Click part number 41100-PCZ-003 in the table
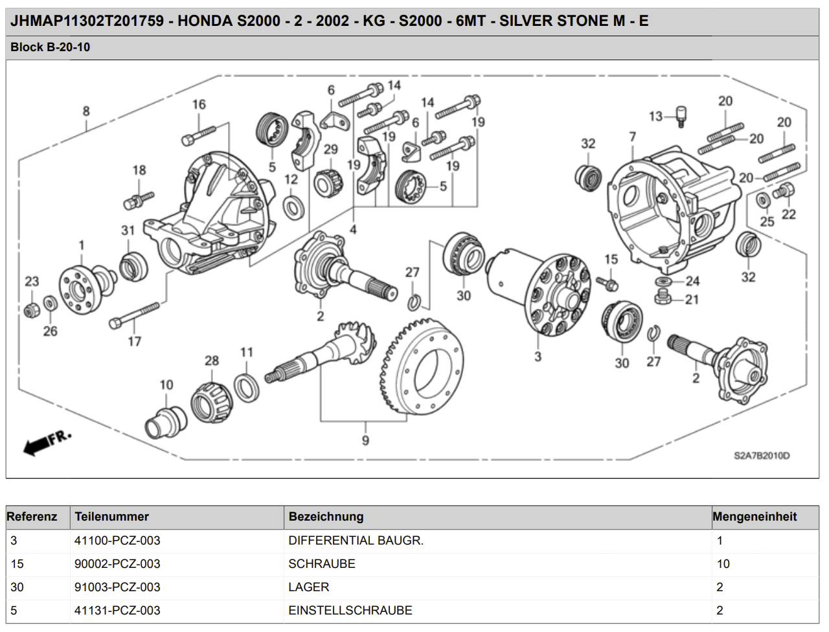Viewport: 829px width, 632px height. pyautogui.click(x=117, y=541)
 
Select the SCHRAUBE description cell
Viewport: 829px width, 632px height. pyautogui.click(x=322, y=564)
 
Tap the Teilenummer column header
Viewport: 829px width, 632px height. pyautogui.click(x=112, y=517)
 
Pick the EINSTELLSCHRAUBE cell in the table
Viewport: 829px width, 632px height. pyautogui.click(x=350, y=611)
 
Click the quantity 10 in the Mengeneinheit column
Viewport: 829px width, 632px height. pyautogui.click(x=723, y=564)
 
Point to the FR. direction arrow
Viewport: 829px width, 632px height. pyautogui.click(x=47, y=442)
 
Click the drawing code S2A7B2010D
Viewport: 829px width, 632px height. pyautogui.click(x=762, y=456)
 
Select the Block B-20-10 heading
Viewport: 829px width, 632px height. pyautogui.click(x=51, y=47)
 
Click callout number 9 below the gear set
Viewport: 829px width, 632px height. pyautogui.click(x=366, y=440)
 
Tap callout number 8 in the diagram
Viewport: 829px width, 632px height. pyautogui.click(x=86, y=111)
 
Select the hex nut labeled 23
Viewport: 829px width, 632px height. pyautogui.click(x=30, y=310)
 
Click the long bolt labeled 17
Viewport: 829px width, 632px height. pyautogui.click(x=135, y=315)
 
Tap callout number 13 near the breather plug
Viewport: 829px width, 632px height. pyautogui.click(x=655, y=117)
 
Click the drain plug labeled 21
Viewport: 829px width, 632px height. pyautogui.click(x=662, y=299)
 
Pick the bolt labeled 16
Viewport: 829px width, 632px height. pyautogui.click(x=198, y=135)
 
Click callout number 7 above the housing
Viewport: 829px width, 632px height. pyautogui.click(x=633, y=137)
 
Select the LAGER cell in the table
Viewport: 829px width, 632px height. pyautogui.click(x=309, y=587)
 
